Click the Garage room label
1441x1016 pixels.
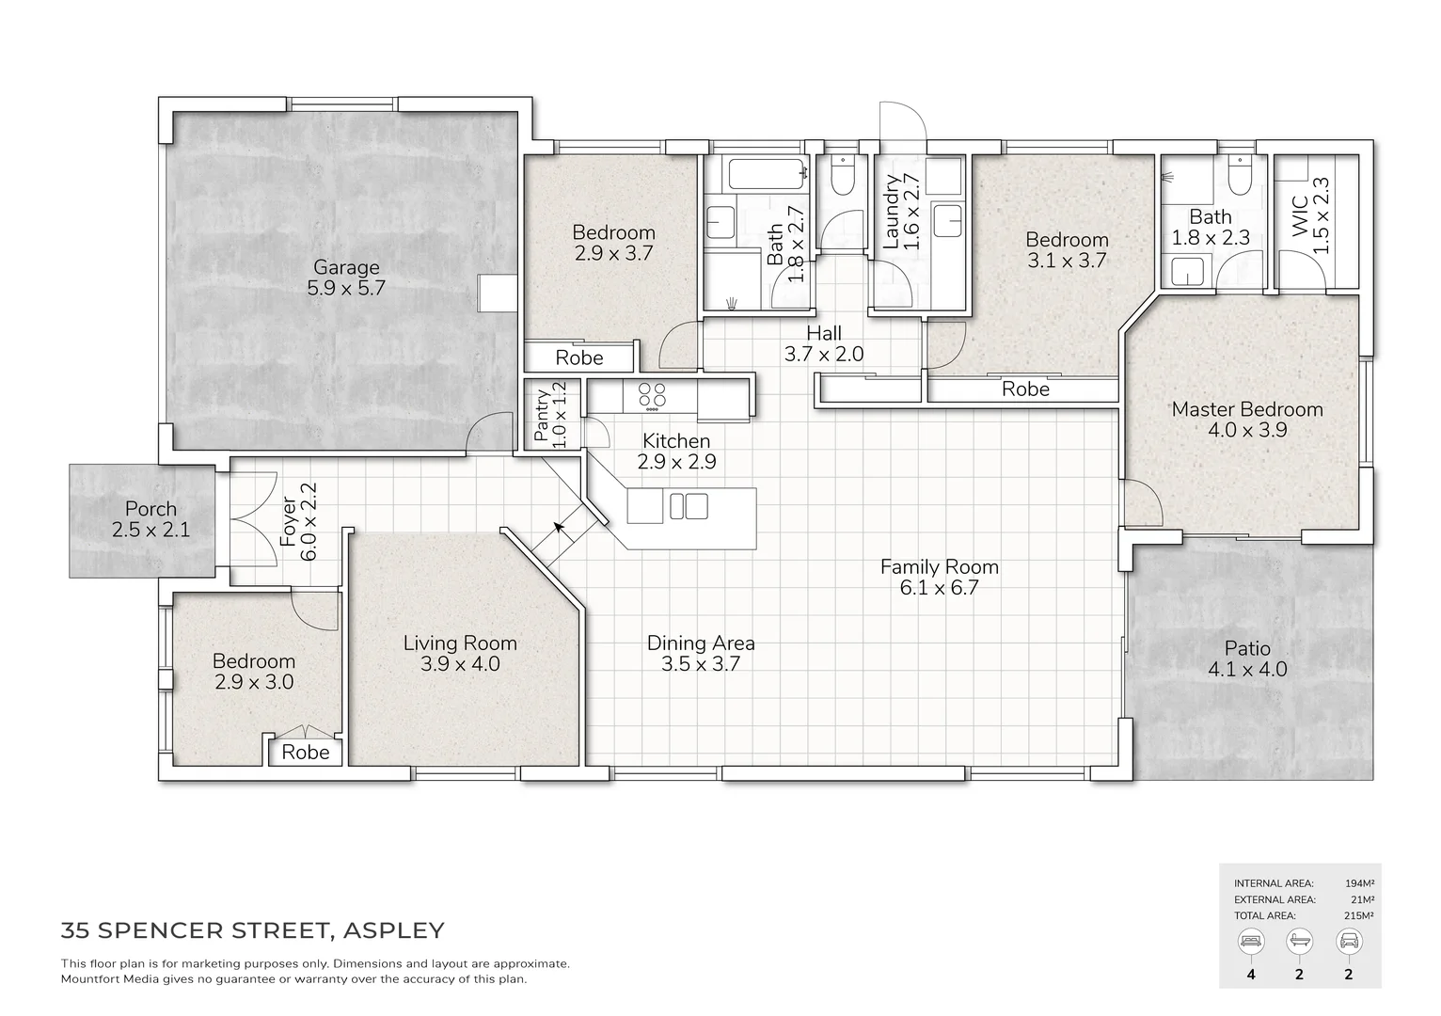(346, 267)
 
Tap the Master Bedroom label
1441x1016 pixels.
(1246, 409)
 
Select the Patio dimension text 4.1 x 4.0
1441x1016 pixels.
(1247, 670)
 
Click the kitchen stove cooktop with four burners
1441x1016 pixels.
(651, 395)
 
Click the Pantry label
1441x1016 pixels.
(542, 416)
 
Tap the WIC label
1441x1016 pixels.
(1299, 216)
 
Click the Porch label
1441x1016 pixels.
(150, 509)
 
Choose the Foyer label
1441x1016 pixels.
(289, 523)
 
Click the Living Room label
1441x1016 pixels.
(460, 643)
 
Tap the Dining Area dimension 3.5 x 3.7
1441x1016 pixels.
(701, 664)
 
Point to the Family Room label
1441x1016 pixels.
(939, 566)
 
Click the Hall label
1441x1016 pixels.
(824, 333)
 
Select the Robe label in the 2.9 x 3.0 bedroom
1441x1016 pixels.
(306, 753)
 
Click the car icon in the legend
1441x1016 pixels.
(1348, 940)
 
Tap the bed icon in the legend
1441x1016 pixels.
(1251, 940)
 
